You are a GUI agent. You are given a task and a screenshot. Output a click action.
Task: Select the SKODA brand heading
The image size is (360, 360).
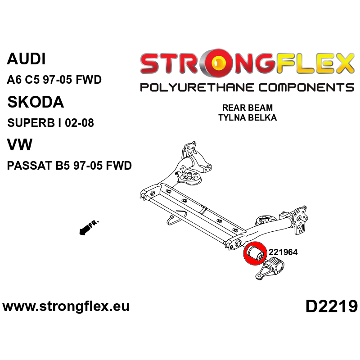click(x=36, y=102)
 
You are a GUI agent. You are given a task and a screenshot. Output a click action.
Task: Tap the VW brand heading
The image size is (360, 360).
click(x=20, y=145)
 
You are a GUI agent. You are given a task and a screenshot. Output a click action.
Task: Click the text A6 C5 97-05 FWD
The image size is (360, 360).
click(x=54, y=80)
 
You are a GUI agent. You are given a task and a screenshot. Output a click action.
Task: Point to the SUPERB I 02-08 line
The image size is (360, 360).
click(x=50, y=123)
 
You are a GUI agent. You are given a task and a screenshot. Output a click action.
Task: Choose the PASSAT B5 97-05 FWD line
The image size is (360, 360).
click(x=69, y=166)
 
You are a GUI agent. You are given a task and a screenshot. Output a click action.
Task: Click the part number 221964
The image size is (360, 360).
click(x=283, y=252)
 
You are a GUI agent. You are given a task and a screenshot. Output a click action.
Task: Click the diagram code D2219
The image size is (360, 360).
click(x=331, y=307)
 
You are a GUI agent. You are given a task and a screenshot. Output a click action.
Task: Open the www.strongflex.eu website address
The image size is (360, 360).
click(x=66, y=307)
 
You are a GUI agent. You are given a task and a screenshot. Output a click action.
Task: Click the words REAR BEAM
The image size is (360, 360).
click(x=247, y=108)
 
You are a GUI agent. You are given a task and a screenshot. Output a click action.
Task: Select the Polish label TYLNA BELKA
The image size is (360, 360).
click(x=247, y=118)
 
